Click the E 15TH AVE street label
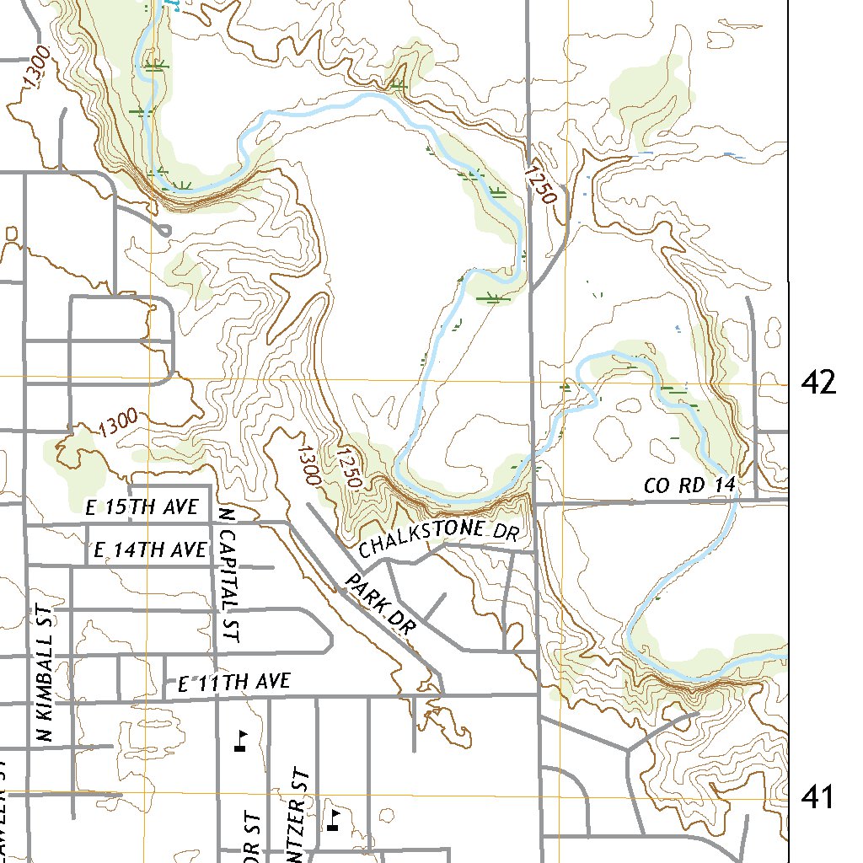tap(142, 507)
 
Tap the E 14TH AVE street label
tap(150, 550)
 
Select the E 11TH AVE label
tap(234, 682)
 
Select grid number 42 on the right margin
tap(819, 383)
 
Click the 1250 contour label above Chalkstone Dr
tap(348, 469)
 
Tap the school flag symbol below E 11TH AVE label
tap(242, 740)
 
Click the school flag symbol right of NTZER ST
tap(334, 818)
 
